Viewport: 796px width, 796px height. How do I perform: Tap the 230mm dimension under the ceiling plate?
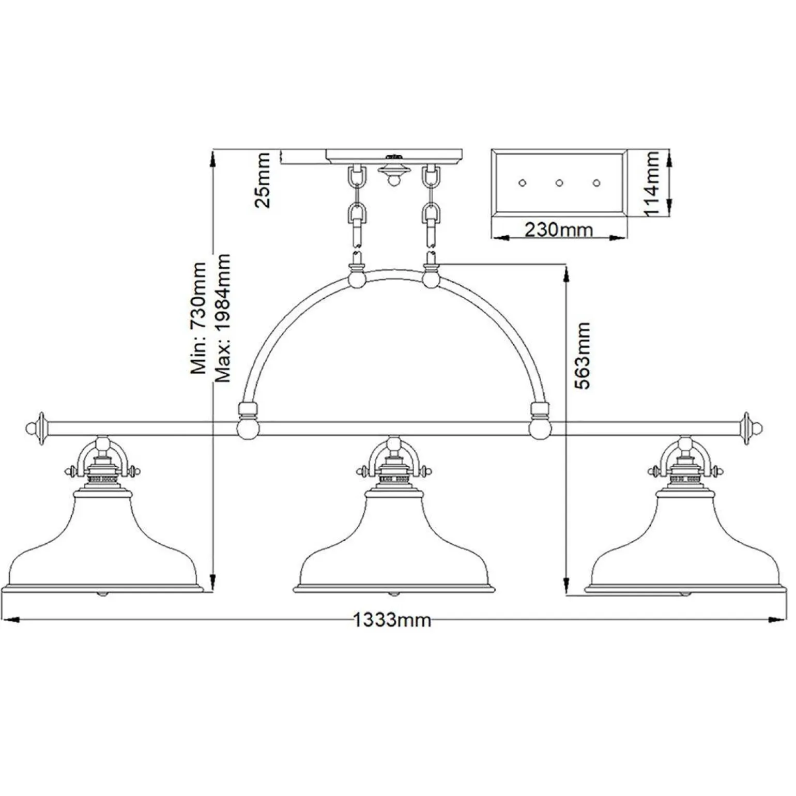(558, 229)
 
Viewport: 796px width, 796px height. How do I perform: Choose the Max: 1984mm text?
(223, 318)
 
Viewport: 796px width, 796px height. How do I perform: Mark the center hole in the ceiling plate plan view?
(559, 182)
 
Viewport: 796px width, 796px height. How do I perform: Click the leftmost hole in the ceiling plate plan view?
(522, 182)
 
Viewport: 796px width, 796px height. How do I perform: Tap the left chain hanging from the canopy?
(357, 207)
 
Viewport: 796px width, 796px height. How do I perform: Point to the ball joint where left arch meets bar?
(246, 428)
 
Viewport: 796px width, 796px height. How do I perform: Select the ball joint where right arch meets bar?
(539, 428)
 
